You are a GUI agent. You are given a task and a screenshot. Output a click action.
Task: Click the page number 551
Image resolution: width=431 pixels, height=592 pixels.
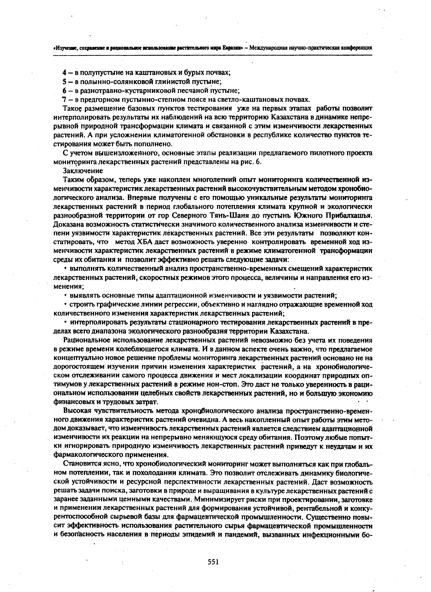point(213,562)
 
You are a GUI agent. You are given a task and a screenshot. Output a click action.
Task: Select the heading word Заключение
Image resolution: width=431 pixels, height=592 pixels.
point(83,171)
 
